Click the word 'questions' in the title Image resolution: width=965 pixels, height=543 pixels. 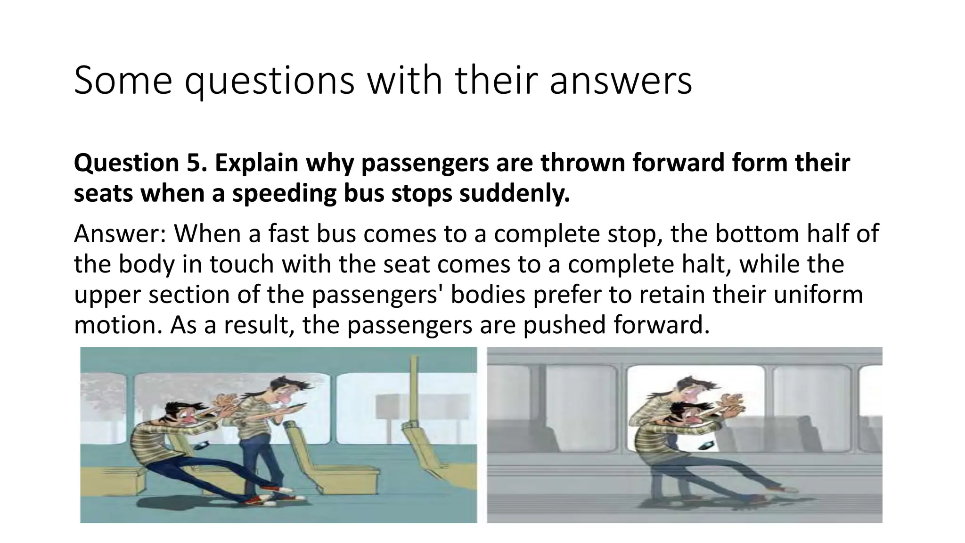pyautogui.click(x=269, y=81)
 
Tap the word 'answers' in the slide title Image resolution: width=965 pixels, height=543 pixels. pyautogui.click(x=621, y=81)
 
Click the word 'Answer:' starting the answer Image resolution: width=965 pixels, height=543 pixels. pyautogui.click(x=120, y=234)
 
